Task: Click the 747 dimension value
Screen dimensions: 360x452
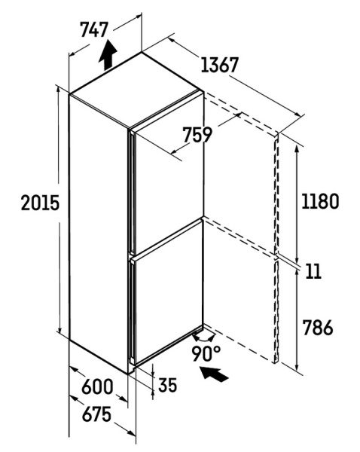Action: (x=94, y=29)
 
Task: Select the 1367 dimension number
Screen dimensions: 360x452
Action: (x=220, y=65)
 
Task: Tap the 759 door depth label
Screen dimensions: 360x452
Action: (x=198, y=135)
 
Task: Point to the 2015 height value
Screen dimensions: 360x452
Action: (x=40, y=203)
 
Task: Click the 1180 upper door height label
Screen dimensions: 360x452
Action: (x=320, y=201)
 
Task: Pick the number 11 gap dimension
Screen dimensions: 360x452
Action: (x=313, y=271)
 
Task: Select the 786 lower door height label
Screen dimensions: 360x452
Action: (x=318, y=327)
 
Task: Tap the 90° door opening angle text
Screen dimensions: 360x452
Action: (x=206, y=353)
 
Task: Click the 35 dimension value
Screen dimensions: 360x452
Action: (x=167, y=385)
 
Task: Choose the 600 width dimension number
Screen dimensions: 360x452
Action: (x=97, y=387)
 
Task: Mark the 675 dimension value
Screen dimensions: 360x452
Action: (x=96, y=414)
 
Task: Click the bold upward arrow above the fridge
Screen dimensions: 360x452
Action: (x=108, y=55)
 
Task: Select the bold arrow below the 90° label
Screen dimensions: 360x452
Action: (x=215, y=374)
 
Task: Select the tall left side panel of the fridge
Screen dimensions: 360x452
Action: (x=99, y=234)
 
